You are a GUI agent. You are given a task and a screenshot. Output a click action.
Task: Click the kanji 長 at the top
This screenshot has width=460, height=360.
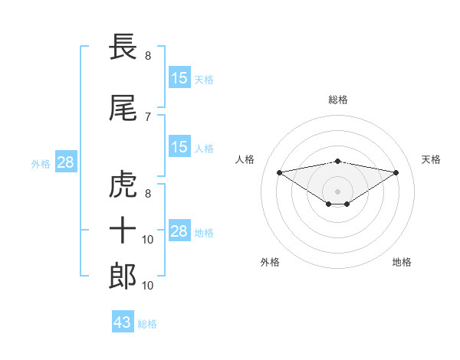[123, 47]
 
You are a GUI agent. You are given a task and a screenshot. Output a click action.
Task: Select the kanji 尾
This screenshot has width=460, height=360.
[123, 110]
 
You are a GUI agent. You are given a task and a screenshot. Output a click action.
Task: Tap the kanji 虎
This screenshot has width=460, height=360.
[123, 186]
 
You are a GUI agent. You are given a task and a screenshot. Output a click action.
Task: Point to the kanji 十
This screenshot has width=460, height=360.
[123, 230]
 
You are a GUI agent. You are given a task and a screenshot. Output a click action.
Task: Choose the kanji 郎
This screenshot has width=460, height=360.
[123, 277]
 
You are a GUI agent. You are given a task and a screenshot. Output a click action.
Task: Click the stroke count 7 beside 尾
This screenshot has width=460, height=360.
[148, 116]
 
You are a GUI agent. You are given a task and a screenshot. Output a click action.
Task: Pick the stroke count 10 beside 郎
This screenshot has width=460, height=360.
[149, 286]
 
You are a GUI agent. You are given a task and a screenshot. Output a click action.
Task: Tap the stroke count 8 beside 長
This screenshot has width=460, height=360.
[148, 55]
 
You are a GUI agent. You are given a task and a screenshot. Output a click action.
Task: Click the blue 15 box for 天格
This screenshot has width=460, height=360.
[179, 78]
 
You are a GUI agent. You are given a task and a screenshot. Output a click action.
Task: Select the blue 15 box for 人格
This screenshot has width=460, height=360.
[179, 147]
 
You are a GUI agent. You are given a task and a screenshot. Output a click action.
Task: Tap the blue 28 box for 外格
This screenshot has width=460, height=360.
[65, 162]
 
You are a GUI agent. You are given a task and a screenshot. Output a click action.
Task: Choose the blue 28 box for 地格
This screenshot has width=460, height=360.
[179, 231]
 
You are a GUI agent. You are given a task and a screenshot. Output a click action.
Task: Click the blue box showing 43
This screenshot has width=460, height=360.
[123, 322]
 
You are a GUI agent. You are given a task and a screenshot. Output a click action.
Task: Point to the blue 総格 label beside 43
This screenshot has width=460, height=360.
[147, 324]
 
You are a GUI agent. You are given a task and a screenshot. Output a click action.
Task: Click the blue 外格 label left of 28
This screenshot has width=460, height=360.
[41, 164]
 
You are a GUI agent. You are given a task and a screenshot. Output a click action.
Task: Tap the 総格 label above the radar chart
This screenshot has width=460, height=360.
[337, 100]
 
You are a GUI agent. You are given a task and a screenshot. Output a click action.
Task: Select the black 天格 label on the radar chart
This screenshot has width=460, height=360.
[431, 159]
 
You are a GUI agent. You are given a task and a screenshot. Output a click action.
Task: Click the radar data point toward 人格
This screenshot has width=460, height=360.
[279, 172]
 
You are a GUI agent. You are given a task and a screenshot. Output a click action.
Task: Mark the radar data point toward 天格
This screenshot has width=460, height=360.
[396, 172]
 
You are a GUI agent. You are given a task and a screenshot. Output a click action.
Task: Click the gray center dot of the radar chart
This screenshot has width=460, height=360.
[337, 191]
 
